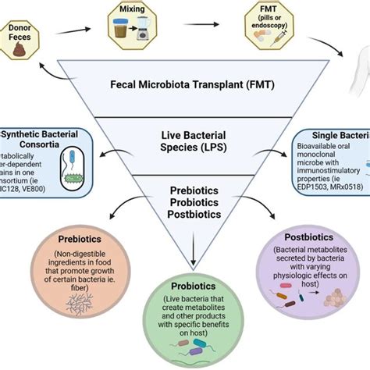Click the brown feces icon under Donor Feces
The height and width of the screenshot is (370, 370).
(17, 51)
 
